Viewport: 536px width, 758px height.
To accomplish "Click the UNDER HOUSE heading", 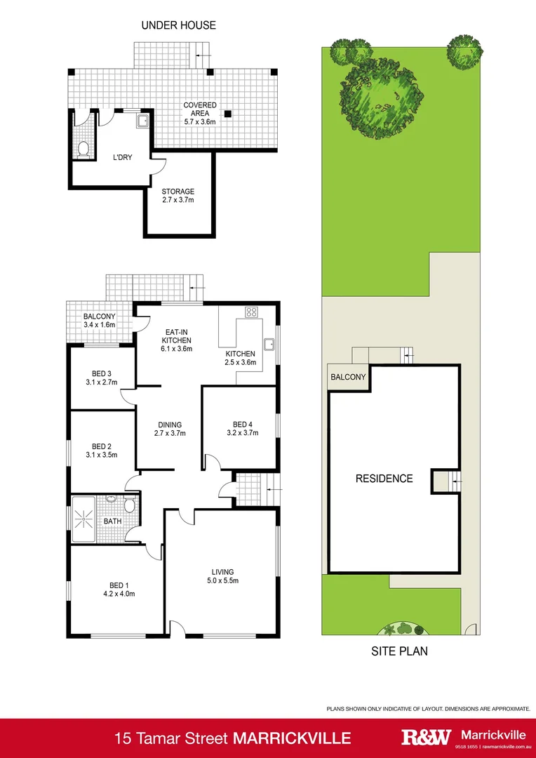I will point(178,25).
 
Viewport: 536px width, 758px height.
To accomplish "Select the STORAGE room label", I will point(177,192).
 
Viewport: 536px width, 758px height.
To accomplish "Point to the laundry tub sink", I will point(142,121).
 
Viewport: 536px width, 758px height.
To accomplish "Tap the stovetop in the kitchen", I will point(250,312).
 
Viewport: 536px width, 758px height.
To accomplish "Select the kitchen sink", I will point(269,344).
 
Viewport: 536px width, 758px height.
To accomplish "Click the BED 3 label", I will point(102,373).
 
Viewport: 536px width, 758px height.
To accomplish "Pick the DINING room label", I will point(170,425).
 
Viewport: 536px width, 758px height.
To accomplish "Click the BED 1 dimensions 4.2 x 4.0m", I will point(116,594).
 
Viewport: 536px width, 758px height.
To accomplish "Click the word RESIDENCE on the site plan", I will point(384,479).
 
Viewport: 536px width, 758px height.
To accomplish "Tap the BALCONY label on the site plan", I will point(347,377).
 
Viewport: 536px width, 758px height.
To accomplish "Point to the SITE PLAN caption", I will point(399,651).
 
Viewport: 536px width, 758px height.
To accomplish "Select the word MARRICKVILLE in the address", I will point(293,738).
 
